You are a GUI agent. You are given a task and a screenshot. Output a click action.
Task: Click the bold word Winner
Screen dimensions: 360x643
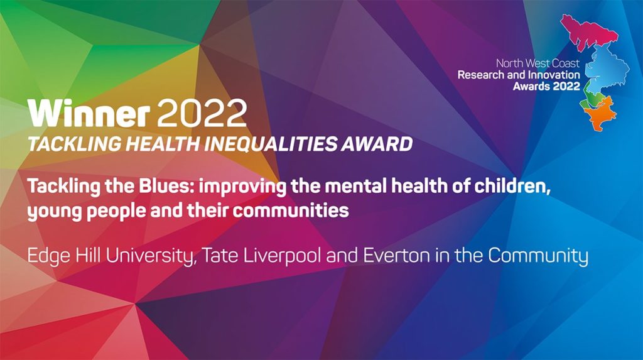[88, 114]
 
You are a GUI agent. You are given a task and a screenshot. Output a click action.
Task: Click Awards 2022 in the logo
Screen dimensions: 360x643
[546, 86]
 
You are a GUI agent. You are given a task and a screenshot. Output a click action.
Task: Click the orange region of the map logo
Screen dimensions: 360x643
[600, 115]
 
